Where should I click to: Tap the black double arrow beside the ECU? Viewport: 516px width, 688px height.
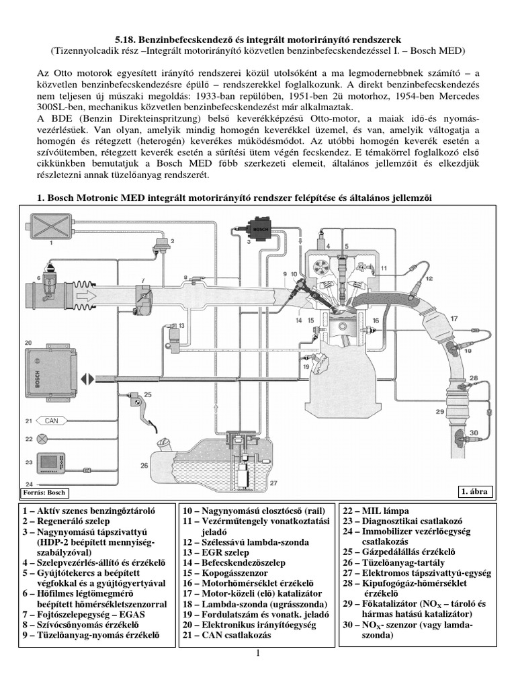click(88, 379)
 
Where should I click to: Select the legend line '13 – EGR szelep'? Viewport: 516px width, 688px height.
click(209, 552)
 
